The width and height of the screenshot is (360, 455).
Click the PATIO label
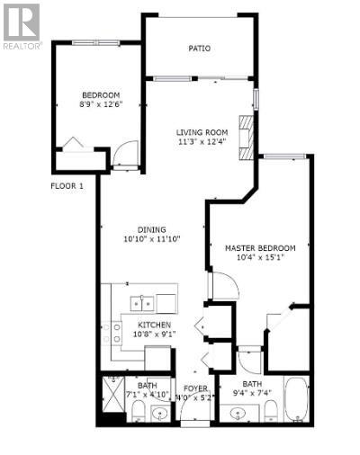click(200, 49)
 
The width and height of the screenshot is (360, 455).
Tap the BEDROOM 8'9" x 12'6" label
click(101, 100)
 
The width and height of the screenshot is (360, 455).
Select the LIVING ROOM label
click(202, 137)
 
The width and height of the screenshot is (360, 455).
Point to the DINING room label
click(151, 235)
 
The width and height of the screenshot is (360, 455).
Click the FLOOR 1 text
click(67, 186)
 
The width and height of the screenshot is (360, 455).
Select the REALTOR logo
click(22, 27)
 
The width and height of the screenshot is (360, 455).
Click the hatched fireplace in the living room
click(246, 138)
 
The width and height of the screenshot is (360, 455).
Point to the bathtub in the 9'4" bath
click(296, 399)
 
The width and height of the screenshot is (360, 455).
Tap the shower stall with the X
click(112, 394)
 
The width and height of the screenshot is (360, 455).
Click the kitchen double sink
click(142, 303)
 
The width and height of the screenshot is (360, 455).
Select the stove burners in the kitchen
click(112, 332)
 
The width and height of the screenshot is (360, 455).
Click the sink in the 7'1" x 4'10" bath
click(160, 414)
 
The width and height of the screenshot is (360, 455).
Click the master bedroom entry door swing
click(225, 285)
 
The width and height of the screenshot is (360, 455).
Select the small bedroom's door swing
click(125, 153)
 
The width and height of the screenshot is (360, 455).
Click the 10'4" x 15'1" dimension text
click(260, 257)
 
